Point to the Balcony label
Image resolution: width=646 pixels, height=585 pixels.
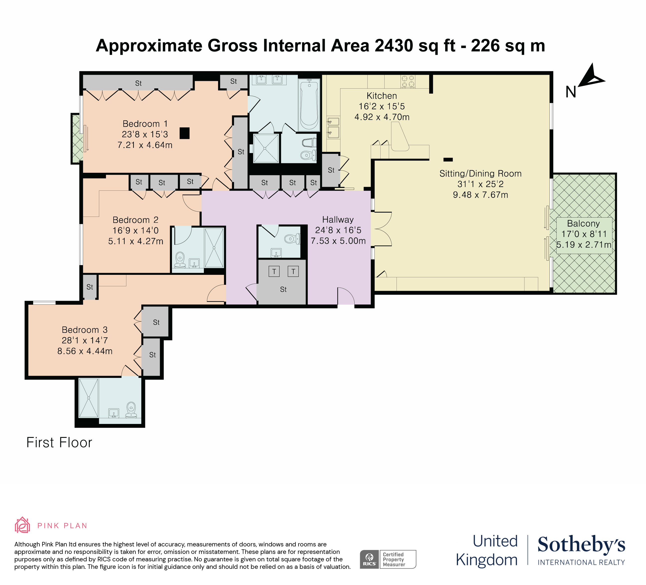pyautogui.click(x=583, y=223)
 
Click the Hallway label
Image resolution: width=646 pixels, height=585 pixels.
pyautogui.click(x=338, y=220)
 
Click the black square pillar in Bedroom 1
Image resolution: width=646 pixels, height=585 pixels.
pyautogui.click(x=185, y=133)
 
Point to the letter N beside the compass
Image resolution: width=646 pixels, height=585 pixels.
pyautogui.click(x=571, y=92)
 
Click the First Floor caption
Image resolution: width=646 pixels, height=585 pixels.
pyautogui.click(x=59, y=443)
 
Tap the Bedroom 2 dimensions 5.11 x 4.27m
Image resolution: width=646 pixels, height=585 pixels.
pyautogui.click(x=136, y=241)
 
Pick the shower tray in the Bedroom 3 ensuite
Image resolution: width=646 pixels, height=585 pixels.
pyautogui.click(x=88, y=398)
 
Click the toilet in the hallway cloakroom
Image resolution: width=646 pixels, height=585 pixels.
pyautogui.click(x=293, y=238)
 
